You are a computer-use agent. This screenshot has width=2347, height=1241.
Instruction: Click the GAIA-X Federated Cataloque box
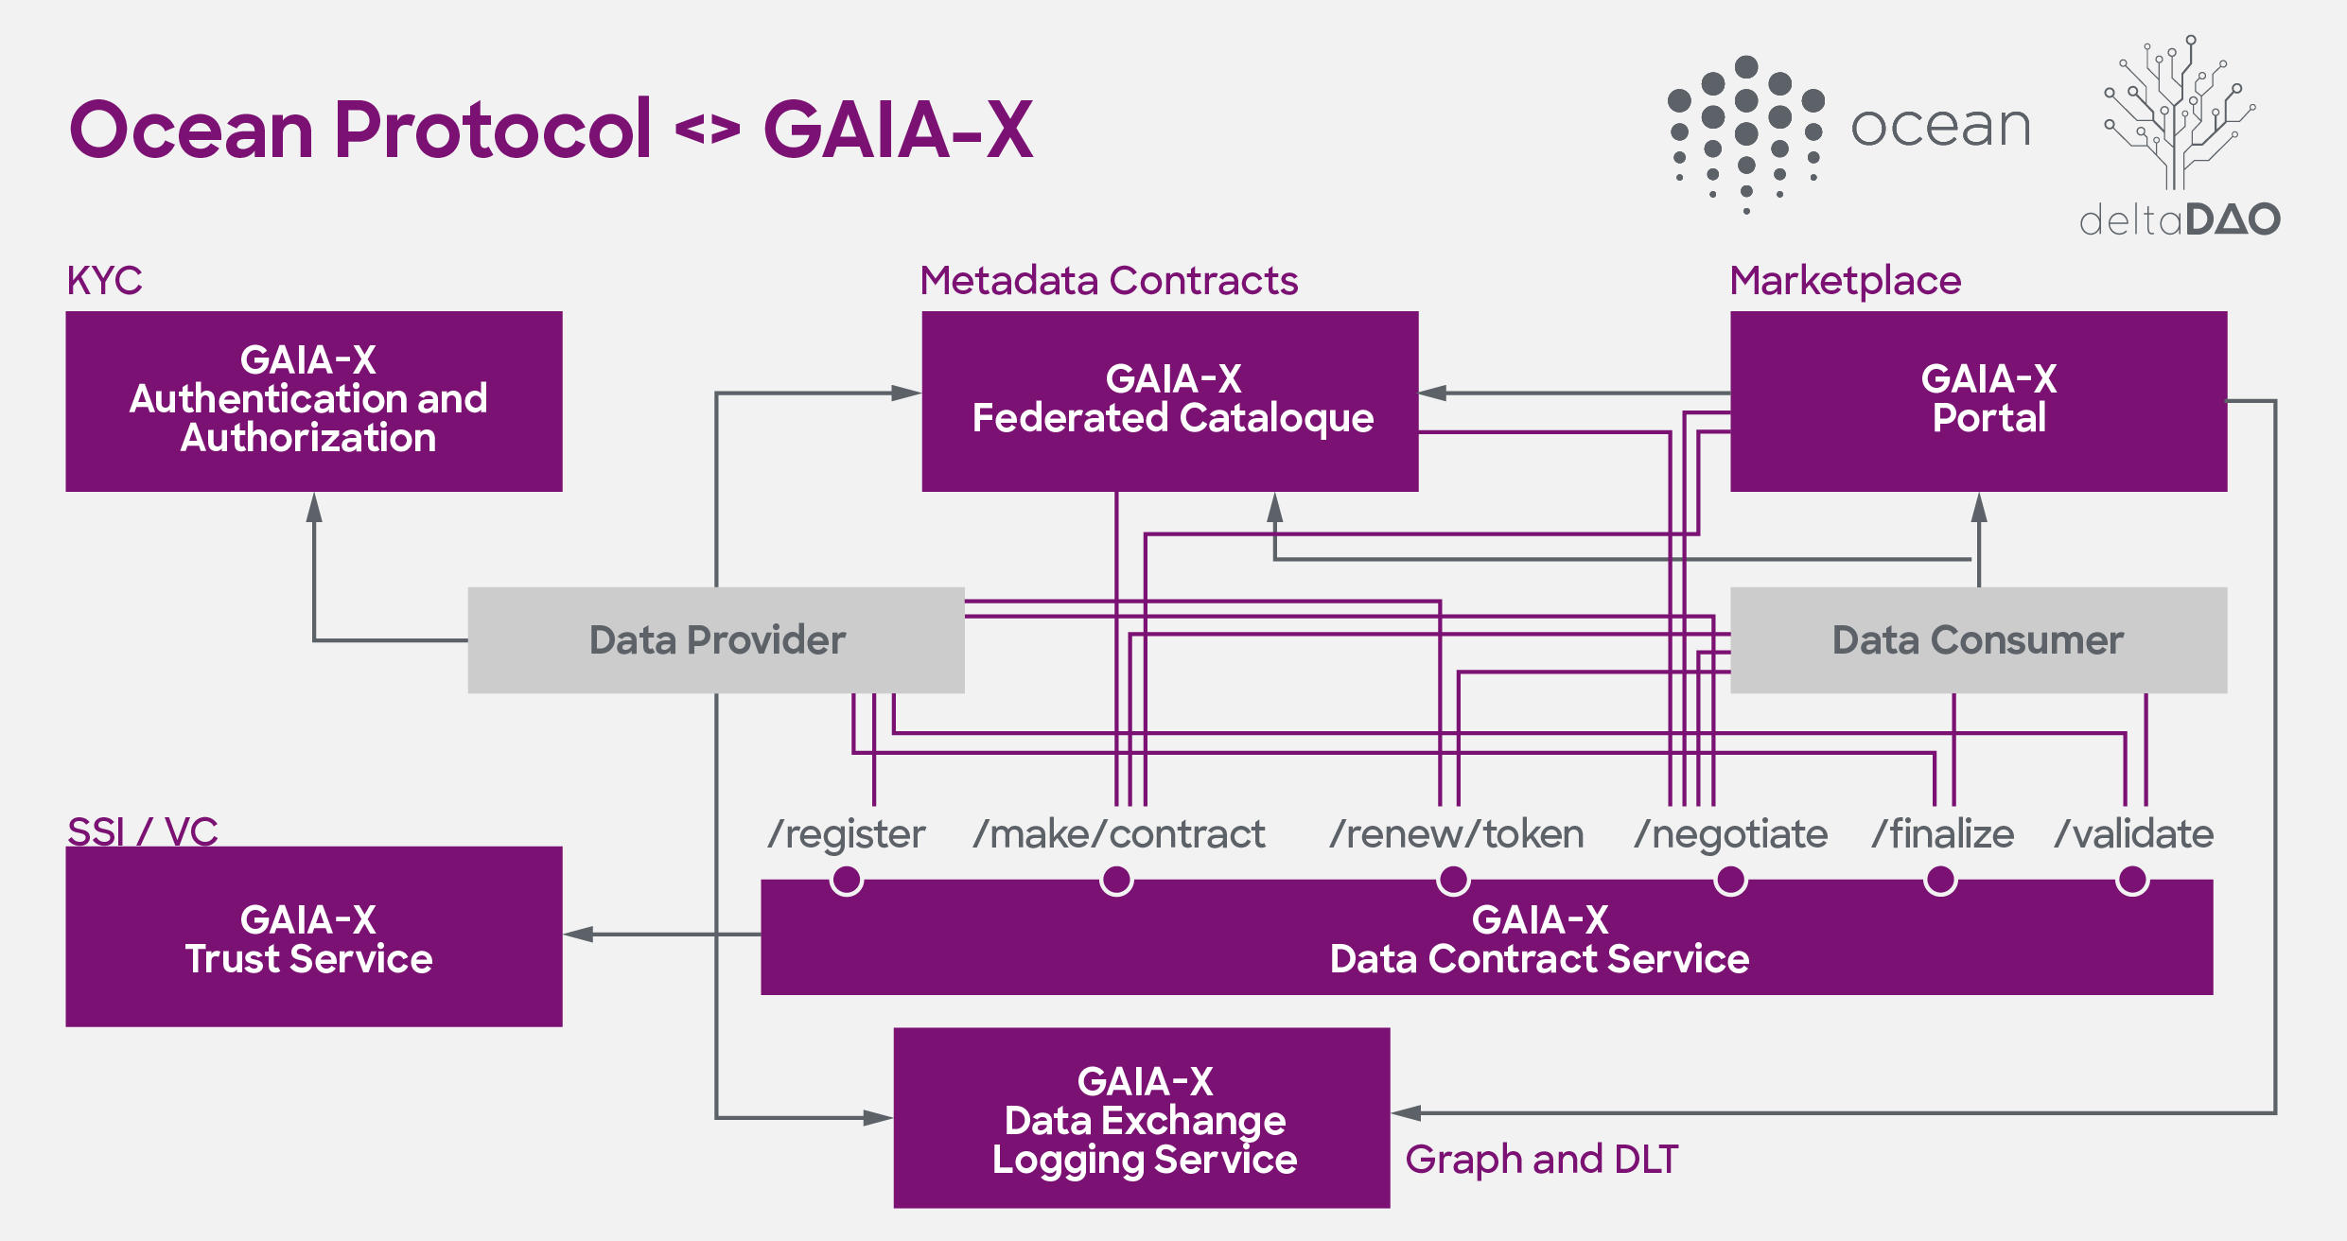click(1169, 401)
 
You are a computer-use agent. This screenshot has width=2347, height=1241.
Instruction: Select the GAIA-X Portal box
click(1978, 401)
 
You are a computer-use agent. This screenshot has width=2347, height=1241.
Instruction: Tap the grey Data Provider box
click(716, 640)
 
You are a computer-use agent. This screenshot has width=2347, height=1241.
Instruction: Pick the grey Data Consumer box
click(1978, 640)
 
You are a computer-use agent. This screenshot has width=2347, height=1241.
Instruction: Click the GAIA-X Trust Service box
click(313, 936)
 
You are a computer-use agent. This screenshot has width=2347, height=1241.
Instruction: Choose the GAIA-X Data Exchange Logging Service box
click(1142, 1118)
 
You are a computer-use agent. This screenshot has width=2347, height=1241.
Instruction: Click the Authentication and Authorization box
click(313, 401)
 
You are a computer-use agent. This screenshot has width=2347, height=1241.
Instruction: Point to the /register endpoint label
click(847, 834)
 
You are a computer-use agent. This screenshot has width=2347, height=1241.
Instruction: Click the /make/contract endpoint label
click(1118, 834)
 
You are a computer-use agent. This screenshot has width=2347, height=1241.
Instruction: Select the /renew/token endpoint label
click(1456, 834)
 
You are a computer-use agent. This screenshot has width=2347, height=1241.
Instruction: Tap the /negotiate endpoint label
click(1731, 834)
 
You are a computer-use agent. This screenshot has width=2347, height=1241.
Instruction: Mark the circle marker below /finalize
click(1940, 881)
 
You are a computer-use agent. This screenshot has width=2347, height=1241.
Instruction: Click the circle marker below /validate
click(2132, 881)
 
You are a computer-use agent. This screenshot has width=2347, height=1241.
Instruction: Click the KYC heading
click(104, 281)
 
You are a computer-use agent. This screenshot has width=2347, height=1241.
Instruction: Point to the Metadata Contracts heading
click(1109, 281)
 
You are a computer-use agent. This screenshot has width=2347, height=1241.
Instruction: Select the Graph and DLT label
click(1541, 1160)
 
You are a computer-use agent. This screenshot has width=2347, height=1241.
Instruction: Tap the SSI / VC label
click(142, 831)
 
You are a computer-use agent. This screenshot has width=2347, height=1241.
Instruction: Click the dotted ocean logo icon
click(1746, 132)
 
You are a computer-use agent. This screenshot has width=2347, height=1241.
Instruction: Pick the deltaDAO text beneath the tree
click(2180, 219)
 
